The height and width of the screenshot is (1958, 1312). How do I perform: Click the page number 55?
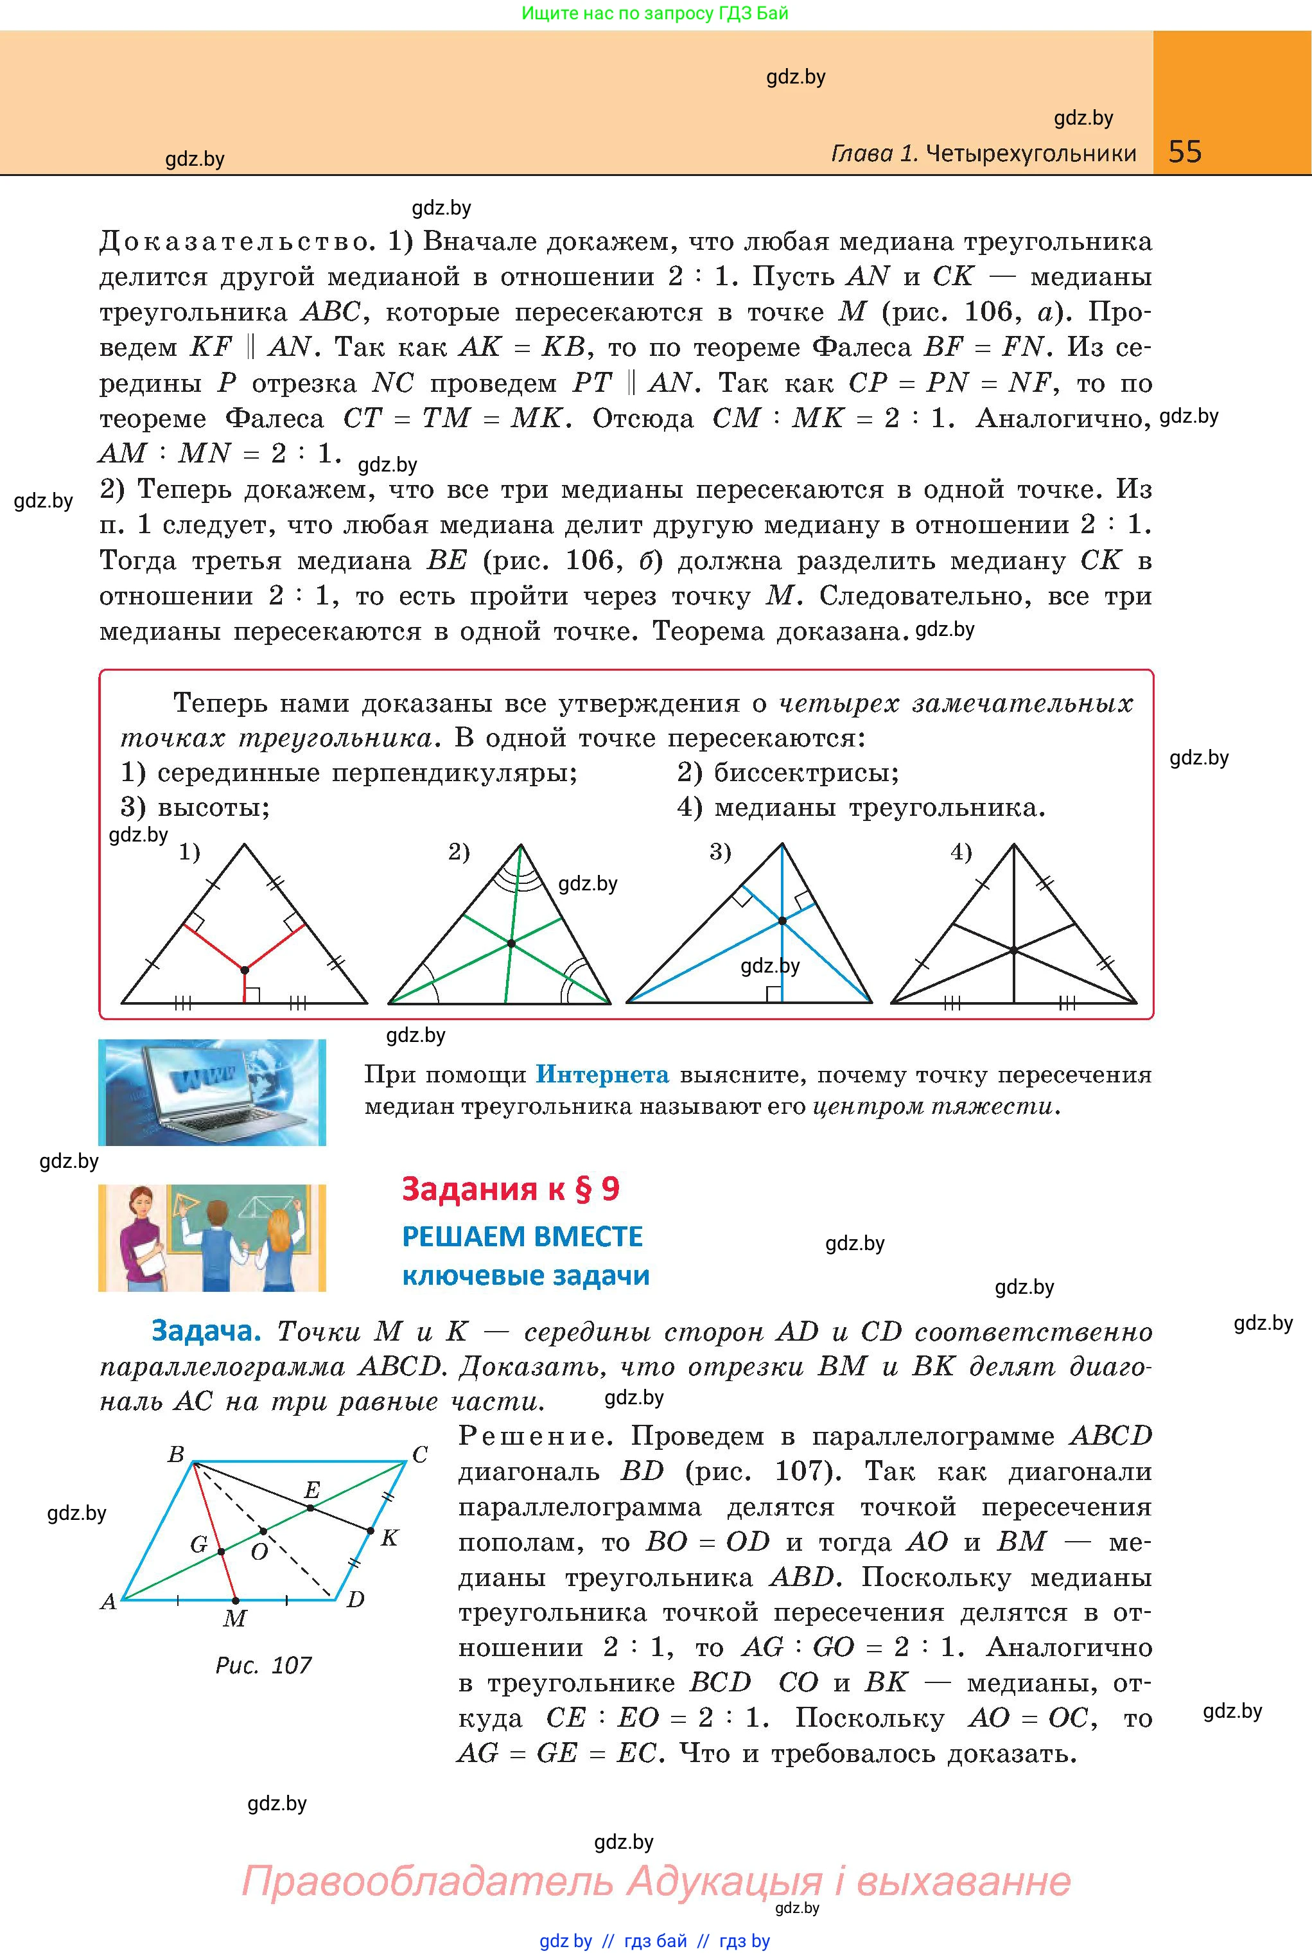coord(1185,152)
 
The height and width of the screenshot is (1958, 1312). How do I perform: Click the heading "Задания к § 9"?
coord(511,1189)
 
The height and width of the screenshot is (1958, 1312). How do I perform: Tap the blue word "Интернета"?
coord(602,1074)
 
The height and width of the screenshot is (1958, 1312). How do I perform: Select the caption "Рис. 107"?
coord(263,1665)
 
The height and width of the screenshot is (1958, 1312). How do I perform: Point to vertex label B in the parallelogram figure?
coord(176,1455)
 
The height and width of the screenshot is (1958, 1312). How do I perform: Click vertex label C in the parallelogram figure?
coord(420,1455)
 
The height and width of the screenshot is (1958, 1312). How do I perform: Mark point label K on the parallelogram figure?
coord(389,1538)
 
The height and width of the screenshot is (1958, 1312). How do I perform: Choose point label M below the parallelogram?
coord(234,1618)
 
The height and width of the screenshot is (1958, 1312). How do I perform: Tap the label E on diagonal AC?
coord(312,1490)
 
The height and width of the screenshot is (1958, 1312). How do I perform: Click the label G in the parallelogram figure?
coord(199,1545)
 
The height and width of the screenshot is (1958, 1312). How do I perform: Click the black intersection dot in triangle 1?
coord(244,970)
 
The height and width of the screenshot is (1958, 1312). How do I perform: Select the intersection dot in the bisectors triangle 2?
coord(511,944)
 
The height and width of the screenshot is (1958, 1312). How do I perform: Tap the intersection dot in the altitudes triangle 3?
coord(782,921)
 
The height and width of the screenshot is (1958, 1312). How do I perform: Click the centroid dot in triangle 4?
coord(1013,951)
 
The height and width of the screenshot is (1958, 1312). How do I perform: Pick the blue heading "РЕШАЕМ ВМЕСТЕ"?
coord(522,1237)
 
